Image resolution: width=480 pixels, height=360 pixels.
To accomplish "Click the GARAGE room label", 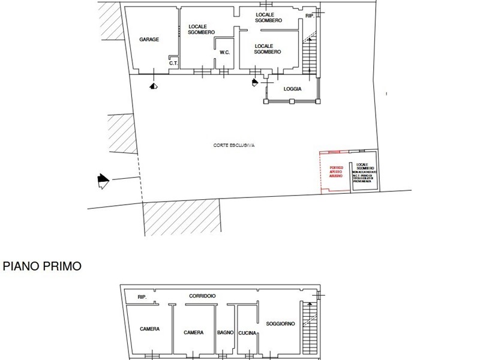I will pos(149,40).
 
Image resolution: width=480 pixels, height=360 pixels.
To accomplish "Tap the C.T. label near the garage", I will pos(172,63).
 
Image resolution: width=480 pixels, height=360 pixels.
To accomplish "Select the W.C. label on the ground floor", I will pos(225,52).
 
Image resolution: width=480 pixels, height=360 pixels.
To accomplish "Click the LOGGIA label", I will pos(292,89).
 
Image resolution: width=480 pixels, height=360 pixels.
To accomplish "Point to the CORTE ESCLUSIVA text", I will pos(234,146).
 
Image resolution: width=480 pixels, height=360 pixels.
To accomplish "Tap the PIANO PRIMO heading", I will pos(42,266).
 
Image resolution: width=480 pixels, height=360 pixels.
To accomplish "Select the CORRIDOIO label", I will pos(202,296).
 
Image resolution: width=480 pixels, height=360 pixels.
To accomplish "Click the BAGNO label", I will pos(226,332).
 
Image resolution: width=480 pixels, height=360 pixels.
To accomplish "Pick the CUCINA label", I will pos(247,333).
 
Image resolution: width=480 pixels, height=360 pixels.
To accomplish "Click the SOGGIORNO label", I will pos(280,324).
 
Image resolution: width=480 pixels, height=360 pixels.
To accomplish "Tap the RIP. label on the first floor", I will pos(142,297).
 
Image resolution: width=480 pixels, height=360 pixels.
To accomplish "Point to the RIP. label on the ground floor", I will pos(310,16).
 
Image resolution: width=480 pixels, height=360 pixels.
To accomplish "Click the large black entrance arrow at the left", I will pos(103,180).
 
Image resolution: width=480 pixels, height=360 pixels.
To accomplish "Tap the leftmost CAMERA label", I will pos(149,329).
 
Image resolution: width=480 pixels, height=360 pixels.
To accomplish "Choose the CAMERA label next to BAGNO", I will pos(193,332).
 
